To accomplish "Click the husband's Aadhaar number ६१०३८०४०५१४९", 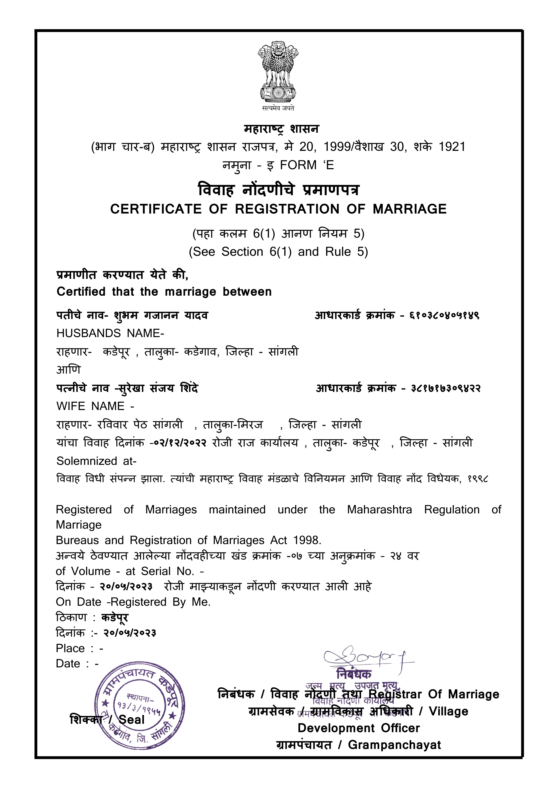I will [x=444, y=315].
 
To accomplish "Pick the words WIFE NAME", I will [x=91, y=406].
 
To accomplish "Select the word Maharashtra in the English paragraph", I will [x=379, y=510].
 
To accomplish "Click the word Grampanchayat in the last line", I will [x=394, y=745].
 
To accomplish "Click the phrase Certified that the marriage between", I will [x=164, y=292].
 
